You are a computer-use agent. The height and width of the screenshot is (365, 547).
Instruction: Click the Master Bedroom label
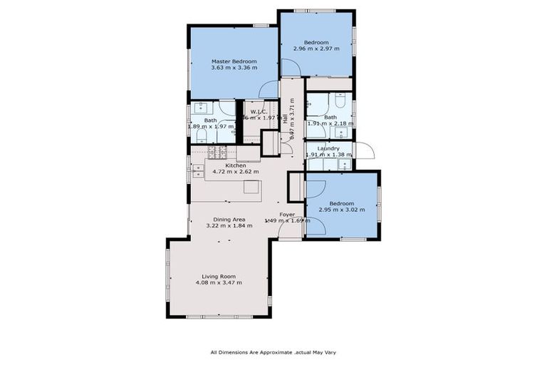point(234,61)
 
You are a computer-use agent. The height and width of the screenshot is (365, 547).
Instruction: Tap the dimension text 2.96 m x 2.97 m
point(316,48)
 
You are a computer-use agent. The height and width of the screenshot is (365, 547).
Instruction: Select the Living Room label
point(218,276)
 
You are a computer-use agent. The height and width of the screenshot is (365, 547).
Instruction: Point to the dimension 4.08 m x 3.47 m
point(218,283)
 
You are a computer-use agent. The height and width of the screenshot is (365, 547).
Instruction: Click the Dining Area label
point(229,219)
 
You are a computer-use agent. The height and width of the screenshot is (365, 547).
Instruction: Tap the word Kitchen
point(236,165)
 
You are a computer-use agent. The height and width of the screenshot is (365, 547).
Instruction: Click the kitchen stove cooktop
point(217,152)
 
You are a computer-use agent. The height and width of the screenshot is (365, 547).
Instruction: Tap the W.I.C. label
point(259,112)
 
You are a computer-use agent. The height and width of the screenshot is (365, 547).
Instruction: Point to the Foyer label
point(287,214)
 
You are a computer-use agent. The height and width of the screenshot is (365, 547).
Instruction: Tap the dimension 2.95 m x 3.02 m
point(341,210)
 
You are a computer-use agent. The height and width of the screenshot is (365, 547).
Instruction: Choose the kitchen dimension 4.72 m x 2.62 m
point(236,172)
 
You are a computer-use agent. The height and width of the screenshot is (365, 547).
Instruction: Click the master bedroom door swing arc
point(268,88)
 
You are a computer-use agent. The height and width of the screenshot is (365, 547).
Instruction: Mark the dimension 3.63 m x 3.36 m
point(234,68)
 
